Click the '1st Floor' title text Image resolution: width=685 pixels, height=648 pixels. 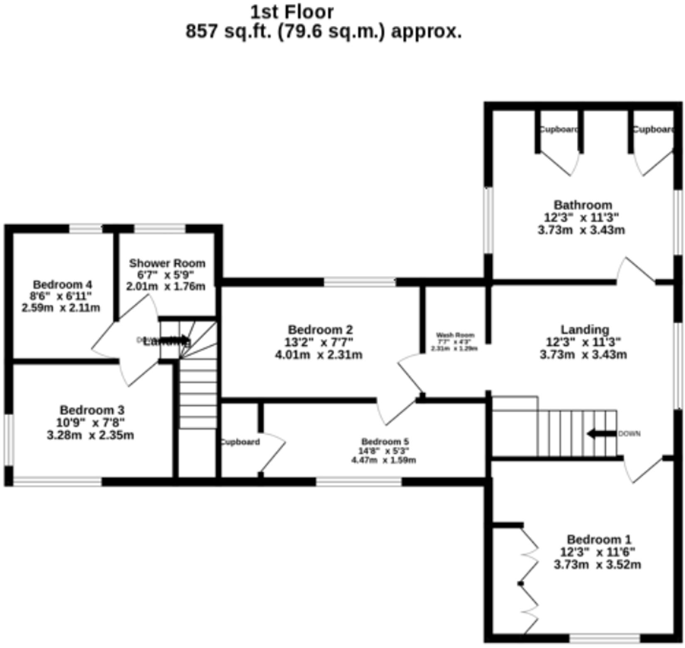point(291,12)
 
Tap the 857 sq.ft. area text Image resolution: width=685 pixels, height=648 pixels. point(323,32)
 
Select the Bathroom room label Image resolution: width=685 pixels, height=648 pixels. point(583,205)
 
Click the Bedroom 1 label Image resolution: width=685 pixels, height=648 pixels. point(599,540)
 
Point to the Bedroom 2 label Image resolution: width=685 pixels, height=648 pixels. point(320,330)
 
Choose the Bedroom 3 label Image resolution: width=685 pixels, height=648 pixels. point(92,410)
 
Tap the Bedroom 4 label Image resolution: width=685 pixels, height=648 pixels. point(62,285)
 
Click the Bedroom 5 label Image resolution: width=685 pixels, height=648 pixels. point(385,442)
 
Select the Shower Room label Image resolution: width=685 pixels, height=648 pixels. point(167,263)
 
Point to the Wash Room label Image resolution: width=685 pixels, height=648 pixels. point(455,335)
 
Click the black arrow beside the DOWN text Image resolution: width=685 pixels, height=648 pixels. point(601,434)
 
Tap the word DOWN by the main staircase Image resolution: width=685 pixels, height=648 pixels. point(629,434)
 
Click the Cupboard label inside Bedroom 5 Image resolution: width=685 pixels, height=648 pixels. point(240,442)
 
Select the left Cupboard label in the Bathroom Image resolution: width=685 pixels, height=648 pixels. point(558,130)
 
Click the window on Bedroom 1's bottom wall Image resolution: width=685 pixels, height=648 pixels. point(604,638)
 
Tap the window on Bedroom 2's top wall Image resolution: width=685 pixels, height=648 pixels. point(360,282)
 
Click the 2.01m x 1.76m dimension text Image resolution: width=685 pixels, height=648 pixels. point(165,287)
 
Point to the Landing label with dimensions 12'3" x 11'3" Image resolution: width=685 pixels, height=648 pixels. point(585,330)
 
